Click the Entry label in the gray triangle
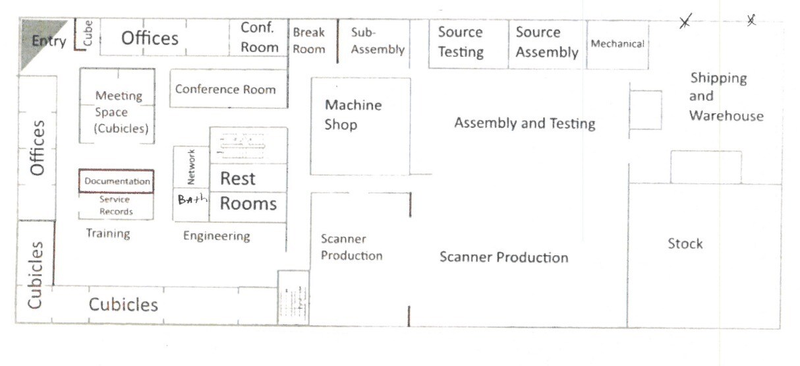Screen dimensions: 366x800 [x=49, y=42]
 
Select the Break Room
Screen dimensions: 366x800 [x=309, y=41]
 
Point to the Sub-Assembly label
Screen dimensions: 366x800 [x=378, y=41]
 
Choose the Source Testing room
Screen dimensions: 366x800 [x=461, y=42]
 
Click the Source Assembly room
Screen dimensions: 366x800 [x=547, y=42]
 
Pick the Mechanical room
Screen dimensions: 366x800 [x=617, y=44]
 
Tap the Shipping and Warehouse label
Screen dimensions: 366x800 [x=726, y=97]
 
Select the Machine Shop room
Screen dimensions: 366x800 [x=353, y=115]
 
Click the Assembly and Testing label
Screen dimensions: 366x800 [x=525, y=123]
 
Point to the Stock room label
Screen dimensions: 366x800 [x=685, y=244]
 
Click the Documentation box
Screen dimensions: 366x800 [x=117, y=181]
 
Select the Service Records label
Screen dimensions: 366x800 [x=116, y=205]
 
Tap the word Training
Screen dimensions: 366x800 [x=108, y=233]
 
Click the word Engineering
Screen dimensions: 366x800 [x=216, y=236]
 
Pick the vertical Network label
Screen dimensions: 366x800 [x=191, y=167]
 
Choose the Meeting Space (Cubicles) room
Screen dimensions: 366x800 [x=118, y=111]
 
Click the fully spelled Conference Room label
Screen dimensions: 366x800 [x=225, y=90]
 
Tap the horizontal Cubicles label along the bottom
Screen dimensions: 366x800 [x=123, y=305]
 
